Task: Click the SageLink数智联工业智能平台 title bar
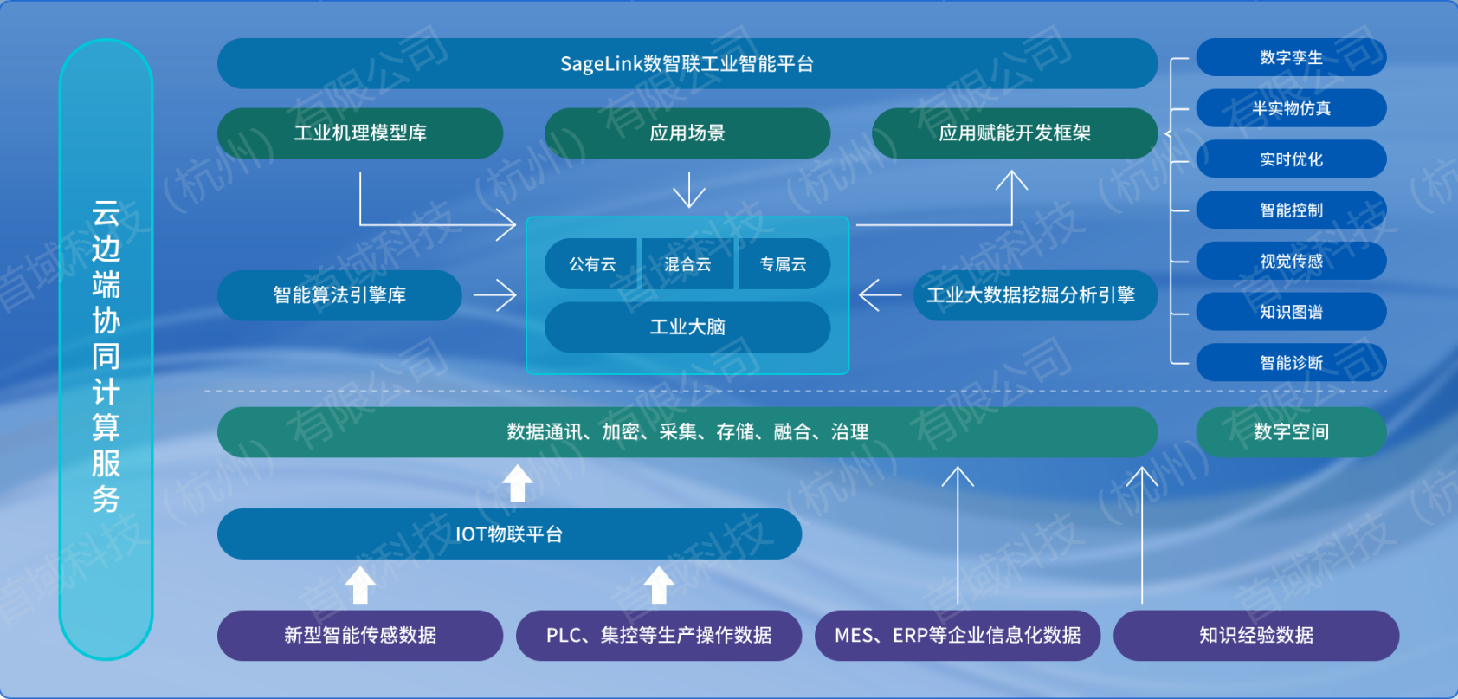[687, 63]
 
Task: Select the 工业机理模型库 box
[360, 133]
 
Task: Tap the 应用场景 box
[687, 133]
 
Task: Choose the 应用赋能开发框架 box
[1015, 133]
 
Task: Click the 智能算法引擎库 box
[339, 295]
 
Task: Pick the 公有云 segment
[591, 264]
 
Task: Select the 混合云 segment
[687, 264]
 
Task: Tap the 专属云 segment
[783, 264]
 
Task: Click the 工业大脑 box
[687, 327]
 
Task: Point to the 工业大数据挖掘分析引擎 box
[1035, 295]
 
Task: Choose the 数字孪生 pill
[1292, 57]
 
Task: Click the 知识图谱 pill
[1292, 312]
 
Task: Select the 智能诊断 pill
[1292, 362]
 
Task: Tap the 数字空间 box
[1292, 432]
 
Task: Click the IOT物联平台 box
[510, 534]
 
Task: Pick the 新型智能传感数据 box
[360, 635]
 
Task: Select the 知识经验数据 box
[1256, 635]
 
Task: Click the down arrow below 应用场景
[688, 190]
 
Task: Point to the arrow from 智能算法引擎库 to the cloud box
[495, 295]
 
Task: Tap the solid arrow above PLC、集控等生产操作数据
[659, 585]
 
